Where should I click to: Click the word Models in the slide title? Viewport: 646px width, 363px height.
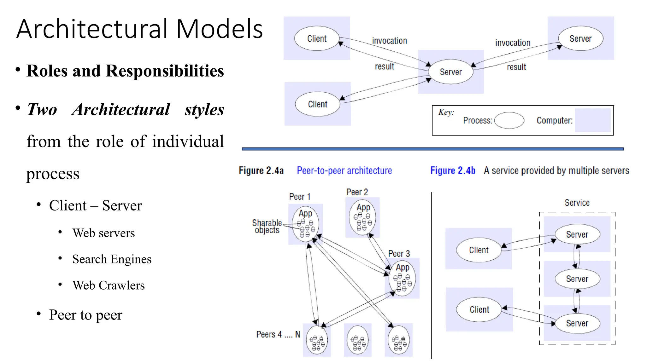coord(220,29)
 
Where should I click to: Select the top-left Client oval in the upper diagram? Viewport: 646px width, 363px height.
coord(317,38)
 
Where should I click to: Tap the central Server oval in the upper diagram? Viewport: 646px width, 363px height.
coord(451,72)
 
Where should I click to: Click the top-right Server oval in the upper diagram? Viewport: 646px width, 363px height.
coord(580,38)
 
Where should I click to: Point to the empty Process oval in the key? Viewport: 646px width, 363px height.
coord(509,120)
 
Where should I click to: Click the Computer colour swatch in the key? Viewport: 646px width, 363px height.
coord(592,120)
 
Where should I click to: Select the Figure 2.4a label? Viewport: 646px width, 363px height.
coord(261,170)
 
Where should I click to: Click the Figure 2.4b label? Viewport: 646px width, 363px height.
coord(453,170)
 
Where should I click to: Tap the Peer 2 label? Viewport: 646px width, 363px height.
coord(357,192)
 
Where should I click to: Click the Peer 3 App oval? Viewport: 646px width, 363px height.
coord(402,277)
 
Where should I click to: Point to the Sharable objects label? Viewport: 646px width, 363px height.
coord(267,227)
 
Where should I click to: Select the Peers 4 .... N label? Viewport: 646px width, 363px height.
coord(278,334)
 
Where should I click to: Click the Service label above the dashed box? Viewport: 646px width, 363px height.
coord(577,203)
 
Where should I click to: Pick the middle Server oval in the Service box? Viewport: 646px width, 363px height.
coord(577,279)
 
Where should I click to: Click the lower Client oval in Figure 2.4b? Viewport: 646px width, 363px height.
coord(479,309)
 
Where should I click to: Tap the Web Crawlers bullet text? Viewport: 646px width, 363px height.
coord(109,285)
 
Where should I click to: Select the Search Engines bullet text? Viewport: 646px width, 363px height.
coord(112,259)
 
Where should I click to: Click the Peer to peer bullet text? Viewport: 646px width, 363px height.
coord(85,314)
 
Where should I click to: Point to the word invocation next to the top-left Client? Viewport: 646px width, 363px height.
coord(389,41)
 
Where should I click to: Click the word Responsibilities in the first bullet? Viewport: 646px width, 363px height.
coord(165,71)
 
